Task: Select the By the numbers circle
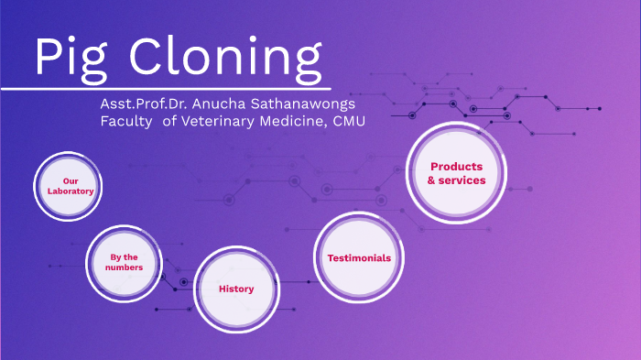tap(124, 262)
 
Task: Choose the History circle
tap(236, 289)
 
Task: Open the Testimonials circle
tap(359, 257)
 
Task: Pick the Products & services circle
tap(457, 173)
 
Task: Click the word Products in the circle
tap(457, 166)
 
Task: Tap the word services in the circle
tap(463, 180)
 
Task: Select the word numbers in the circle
tap(124, 267)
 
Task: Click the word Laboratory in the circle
tap(70, 191)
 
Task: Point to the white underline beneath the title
tap(165, 89)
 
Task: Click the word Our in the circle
tap(70, 180)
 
